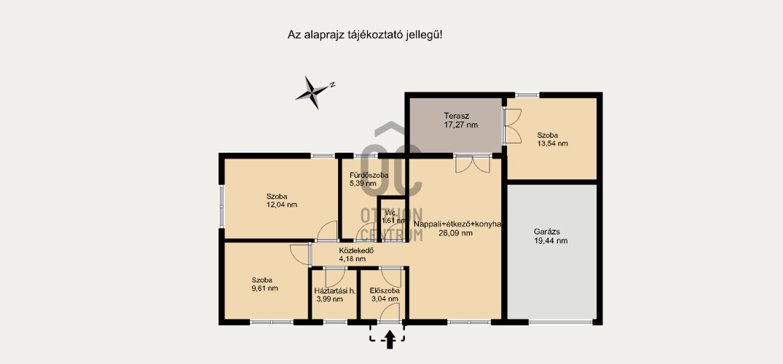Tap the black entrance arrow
point(390,341)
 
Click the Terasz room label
point(454,116)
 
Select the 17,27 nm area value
point(461,125)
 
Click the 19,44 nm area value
point(551,241)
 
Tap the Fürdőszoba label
point(369,175)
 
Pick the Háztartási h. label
point(334,290)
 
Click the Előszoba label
point(385,290)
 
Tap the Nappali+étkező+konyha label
point(457,224)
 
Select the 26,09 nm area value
point(455,233)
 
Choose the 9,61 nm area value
point(264,288)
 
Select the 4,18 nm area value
point(352,258)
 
